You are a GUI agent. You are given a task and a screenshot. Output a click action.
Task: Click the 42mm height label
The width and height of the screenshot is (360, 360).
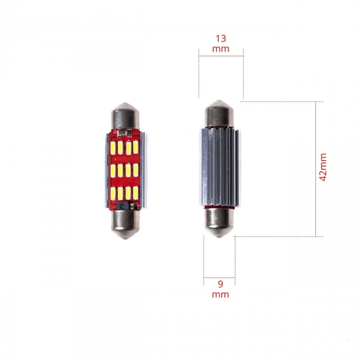coord(323,167)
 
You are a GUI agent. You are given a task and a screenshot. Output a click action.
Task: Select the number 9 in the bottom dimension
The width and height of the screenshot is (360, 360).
coord(220,284)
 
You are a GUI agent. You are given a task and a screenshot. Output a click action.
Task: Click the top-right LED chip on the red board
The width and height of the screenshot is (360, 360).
coord(135,148)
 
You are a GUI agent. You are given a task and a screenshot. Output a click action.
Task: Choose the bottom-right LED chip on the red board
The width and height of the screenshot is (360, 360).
coord(135,193)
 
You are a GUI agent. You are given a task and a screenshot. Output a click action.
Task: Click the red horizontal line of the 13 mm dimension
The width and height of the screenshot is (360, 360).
coord(221,56)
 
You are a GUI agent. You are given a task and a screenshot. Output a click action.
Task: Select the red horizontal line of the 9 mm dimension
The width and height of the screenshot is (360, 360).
coord(220,277)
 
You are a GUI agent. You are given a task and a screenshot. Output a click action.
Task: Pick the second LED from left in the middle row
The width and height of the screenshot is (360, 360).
coord(121,171)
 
